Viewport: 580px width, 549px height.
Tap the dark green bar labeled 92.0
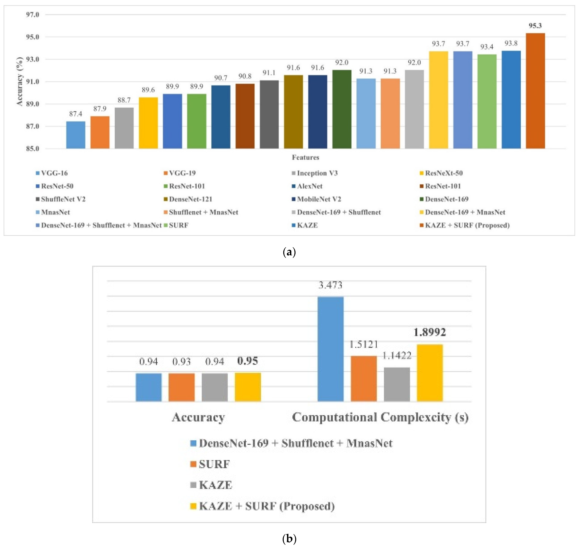[x=342, y=109]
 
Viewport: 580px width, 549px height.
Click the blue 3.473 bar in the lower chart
[x=330, y=349]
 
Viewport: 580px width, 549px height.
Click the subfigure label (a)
[x=289, y=252]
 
